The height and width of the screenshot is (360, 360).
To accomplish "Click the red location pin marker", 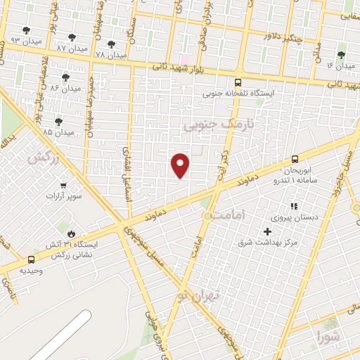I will click(x=181, y=165).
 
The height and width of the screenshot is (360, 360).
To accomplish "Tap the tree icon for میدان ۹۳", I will click(x=27, y=31).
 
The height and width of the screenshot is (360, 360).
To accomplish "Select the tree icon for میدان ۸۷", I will click(x=71, y=38).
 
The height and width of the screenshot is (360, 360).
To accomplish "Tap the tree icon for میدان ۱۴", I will click(x=341, y=56).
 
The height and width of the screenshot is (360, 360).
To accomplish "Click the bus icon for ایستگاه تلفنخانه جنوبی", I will click(x=238, y=82).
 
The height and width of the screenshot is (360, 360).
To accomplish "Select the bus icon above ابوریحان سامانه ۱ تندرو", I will click(x=294, y=159).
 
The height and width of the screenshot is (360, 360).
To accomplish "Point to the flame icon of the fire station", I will click(x=72, y=233).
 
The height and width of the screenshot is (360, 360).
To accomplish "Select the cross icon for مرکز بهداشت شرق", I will click(x=267, y=231).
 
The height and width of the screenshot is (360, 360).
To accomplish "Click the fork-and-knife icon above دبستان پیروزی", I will click(x=294, y=206).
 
